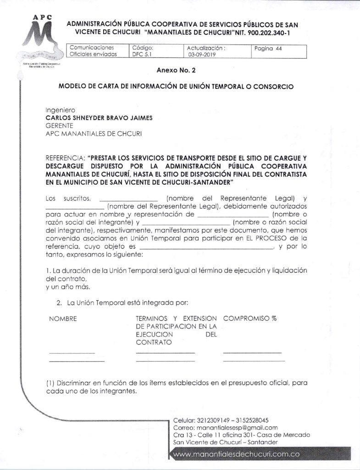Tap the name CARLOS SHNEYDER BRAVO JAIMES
click(x=99, y=118)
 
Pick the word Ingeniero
click(x=60, y=111)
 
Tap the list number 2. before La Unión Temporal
click(x=59, y=303)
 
